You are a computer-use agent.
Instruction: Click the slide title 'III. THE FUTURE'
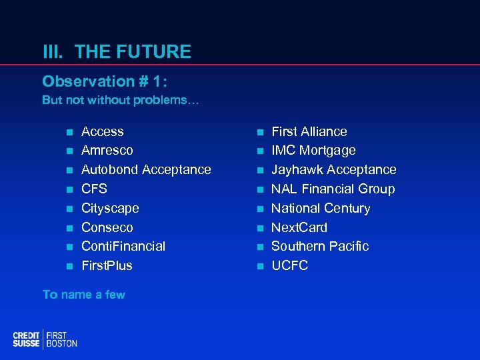(x=117, y=52)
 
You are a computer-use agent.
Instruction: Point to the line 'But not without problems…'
(x=115, y=100)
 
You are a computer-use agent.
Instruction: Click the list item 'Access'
(x=102, y=132)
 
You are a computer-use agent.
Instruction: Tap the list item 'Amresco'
(x=107, y=151)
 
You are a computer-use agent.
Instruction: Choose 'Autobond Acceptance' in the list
(x=145, y=170)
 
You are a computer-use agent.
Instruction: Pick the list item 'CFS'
(x=94, y=189)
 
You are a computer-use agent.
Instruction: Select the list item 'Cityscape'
(x=110, y=208)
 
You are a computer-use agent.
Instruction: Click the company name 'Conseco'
(x=107, y=227)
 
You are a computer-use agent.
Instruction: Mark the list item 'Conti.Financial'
(x=123, y=246)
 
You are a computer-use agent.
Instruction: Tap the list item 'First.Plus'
(x=107, y=265)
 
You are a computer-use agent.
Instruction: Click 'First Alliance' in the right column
(x=309, y=132)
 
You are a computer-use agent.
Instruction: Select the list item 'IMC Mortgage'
(x=313, y=151)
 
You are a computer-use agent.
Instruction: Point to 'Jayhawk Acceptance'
(x=333, y=170)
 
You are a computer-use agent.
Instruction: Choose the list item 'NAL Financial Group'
(x=333, y=189)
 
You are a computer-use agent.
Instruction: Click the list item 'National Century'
(x=320, y=208)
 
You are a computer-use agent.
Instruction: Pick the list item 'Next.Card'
(x=299, y=227)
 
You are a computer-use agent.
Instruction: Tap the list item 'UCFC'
(x=289, y=265)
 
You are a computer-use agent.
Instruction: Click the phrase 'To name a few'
(x=83, y=295)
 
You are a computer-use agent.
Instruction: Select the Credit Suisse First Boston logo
(x=45, y=339)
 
